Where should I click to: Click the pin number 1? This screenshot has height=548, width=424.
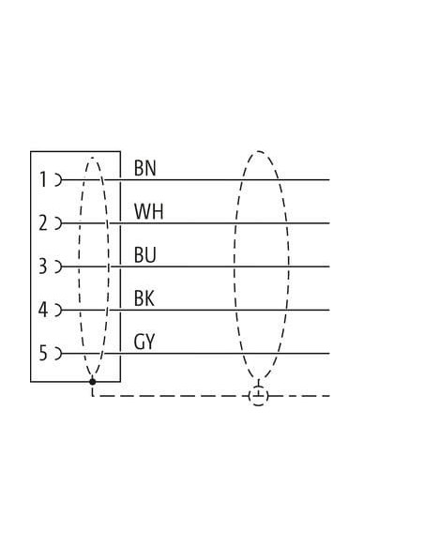point(43,179)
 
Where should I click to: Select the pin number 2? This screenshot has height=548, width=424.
point(42,223)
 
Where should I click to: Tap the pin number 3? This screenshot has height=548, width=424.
point(42,266)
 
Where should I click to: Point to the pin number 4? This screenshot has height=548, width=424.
point(42,310)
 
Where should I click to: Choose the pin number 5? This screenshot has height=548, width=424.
point(42,353)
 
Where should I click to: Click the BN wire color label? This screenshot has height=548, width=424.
point(145,168)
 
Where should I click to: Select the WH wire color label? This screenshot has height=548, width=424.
point(149,211)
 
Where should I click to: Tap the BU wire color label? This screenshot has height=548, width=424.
point(145,255)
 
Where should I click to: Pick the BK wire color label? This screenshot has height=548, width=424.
point(144,298)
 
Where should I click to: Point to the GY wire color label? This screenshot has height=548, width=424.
point(144,342)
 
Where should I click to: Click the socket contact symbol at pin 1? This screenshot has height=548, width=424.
point(58,180)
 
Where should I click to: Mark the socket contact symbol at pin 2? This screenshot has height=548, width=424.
point(58,223)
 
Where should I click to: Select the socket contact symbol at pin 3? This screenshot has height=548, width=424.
point(58,266)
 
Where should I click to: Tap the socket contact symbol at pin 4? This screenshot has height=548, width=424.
point(58,310)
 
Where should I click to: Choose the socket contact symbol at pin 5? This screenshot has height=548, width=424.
point(58,354)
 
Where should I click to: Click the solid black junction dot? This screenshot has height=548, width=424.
point(92,381)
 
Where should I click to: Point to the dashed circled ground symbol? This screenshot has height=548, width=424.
point(259,396)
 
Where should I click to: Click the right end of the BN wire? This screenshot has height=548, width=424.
point(329,180)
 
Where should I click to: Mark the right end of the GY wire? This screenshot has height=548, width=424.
point(329,354)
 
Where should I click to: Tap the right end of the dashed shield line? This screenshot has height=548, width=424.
point(329,396)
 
